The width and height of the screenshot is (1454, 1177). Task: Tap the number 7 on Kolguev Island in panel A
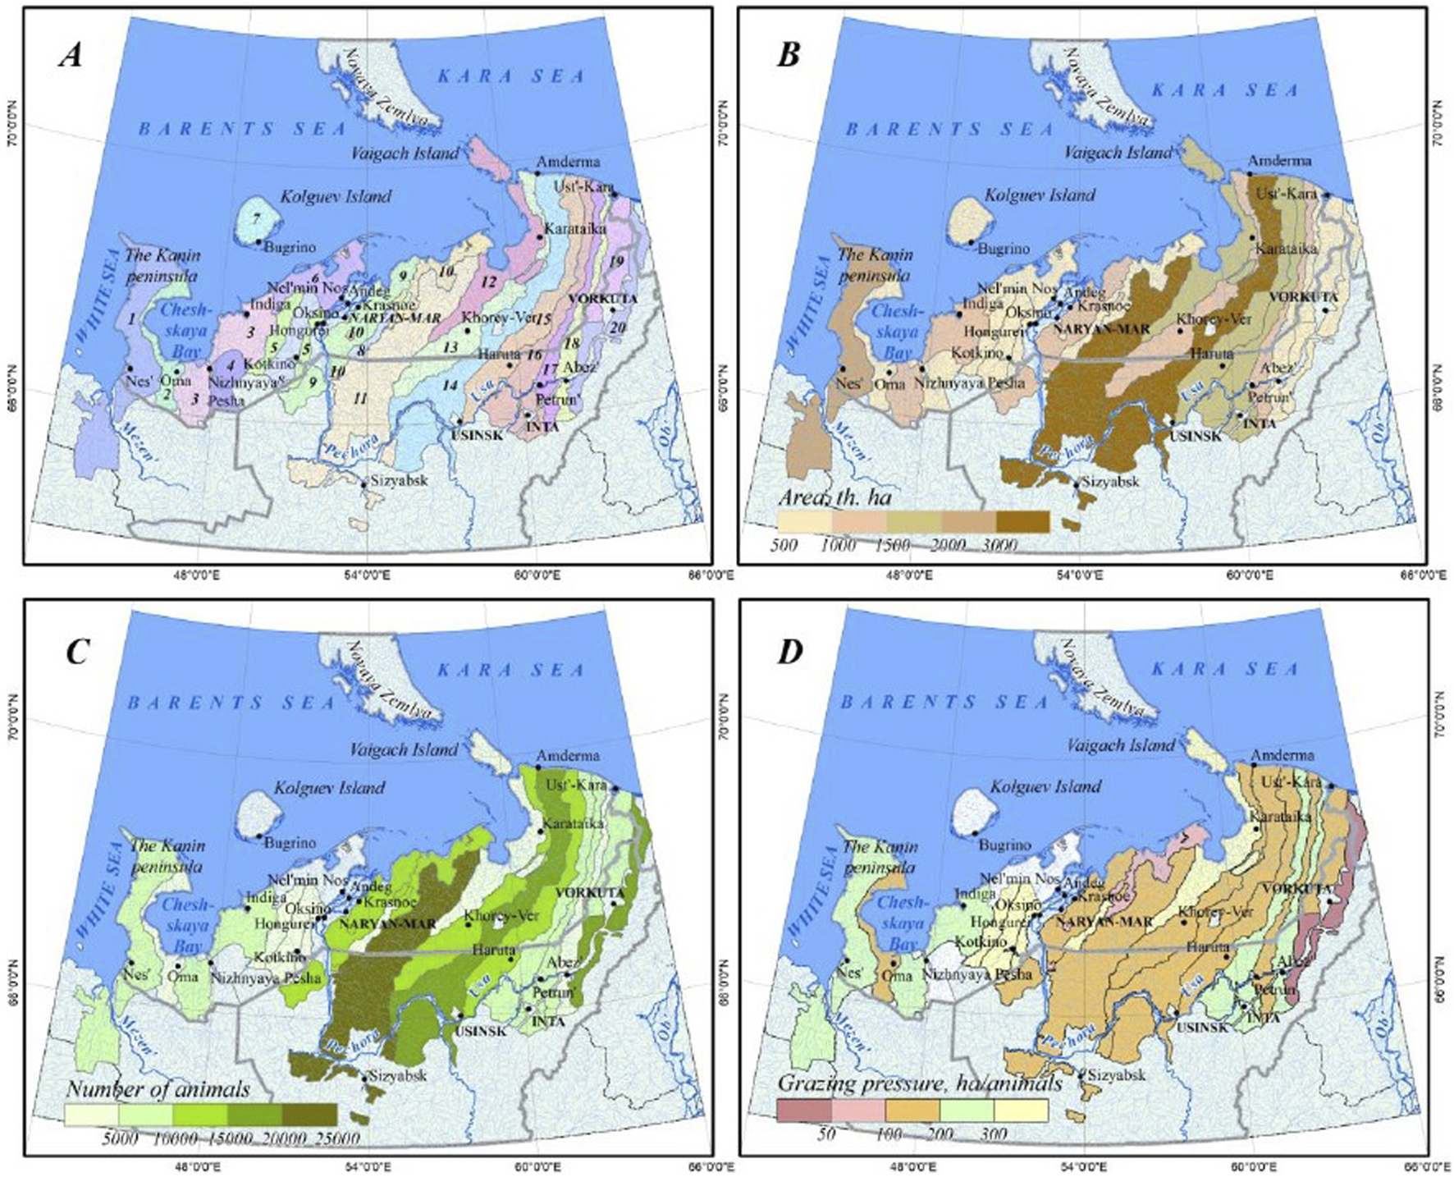[257, 219]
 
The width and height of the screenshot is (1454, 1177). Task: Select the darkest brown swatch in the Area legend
[1022, 521]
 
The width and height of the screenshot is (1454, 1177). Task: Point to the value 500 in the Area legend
[784, 545]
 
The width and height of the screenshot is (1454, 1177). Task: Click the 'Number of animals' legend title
[158, 1089]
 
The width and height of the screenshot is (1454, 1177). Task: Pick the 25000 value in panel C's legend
[338, 1138]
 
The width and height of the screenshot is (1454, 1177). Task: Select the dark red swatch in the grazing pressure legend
[804, 1111]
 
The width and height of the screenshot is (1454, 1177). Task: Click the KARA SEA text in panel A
[510, 76]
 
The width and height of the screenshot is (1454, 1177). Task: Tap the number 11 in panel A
[359, 399]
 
